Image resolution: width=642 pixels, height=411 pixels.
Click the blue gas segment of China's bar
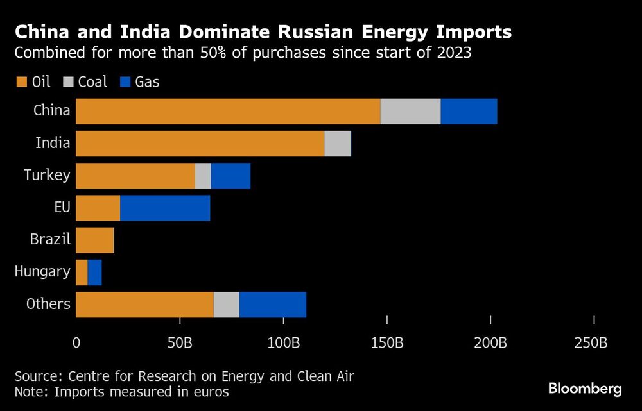click(469, 112)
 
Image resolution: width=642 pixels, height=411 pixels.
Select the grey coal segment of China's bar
click(410, 112)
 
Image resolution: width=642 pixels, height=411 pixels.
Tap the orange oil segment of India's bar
click(200, 144)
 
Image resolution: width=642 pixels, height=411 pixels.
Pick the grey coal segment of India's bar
click(338, 144)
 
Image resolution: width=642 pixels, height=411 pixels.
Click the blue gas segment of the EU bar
click(165, 208)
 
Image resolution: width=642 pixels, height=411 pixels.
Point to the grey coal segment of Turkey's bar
click(203, 176)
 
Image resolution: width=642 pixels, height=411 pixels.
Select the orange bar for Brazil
click(95, 240)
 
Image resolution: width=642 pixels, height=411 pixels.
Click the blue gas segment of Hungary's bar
click(94, 273)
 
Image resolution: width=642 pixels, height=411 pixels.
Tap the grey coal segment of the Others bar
click(226, 305)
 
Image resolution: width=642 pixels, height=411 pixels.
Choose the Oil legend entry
click(35, 81)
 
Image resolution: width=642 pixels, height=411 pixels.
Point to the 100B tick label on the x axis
click(283, 343)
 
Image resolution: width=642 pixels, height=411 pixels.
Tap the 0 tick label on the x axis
click(76, 343)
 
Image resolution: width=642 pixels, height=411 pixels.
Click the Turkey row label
click(47, 175)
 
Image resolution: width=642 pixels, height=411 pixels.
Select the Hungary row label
click(42, 272)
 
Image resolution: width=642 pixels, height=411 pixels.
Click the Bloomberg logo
click(584, 389)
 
